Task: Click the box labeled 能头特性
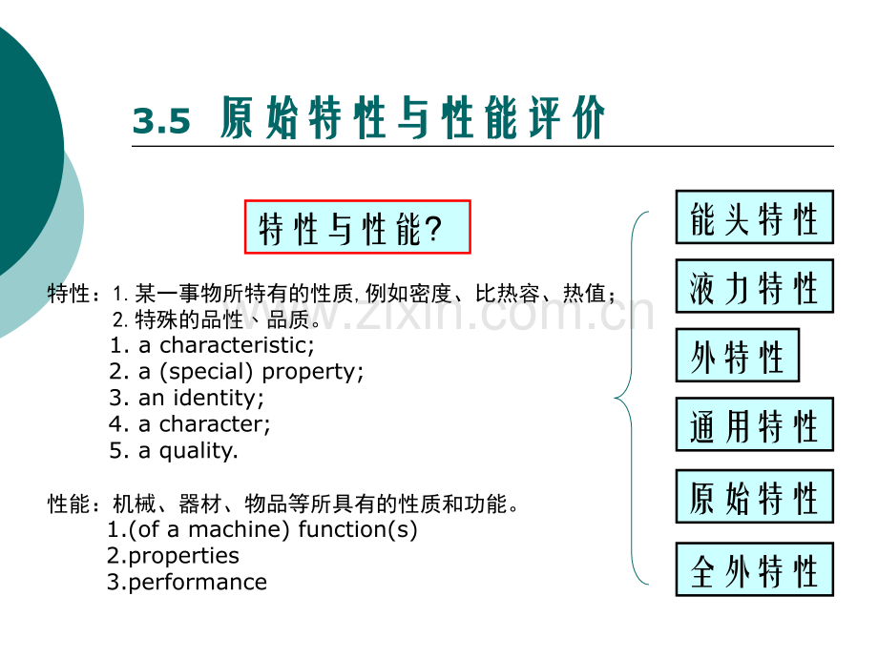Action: click(754, 217)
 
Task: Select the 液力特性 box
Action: click(754, 286)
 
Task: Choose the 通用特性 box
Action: click(754, 424)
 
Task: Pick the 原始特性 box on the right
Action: click(754, 497)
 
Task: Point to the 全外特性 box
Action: click(754, 569)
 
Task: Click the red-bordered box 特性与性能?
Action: click(358, 227)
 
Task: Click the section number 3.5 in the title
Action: click(161, 122)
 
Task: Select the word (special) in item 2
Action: click(208, 371)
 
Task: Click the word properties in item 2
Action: click(182, 556)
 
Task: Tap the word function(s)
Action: click(358, 529)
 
